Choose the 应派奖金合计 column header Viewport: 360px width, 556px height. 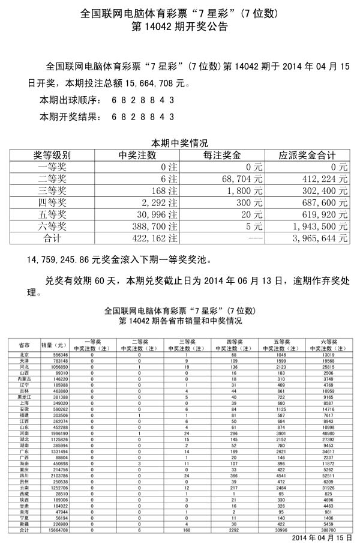(x=307, y=156)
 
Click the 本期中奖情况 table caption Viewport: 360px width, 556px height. (x=179, y=143)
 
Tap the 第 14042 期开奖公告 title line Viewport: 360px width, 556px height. (x=179, y=27)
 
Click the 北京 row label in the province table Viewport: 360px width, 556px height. (x=25, y=355)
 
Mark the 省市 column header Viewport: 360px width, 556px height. (x=25, y=345)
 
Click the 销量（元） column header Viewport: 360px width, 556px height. (x=53, y=345)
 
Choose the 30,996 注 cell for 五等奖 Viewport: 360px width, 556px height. (x=158, y=214)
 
